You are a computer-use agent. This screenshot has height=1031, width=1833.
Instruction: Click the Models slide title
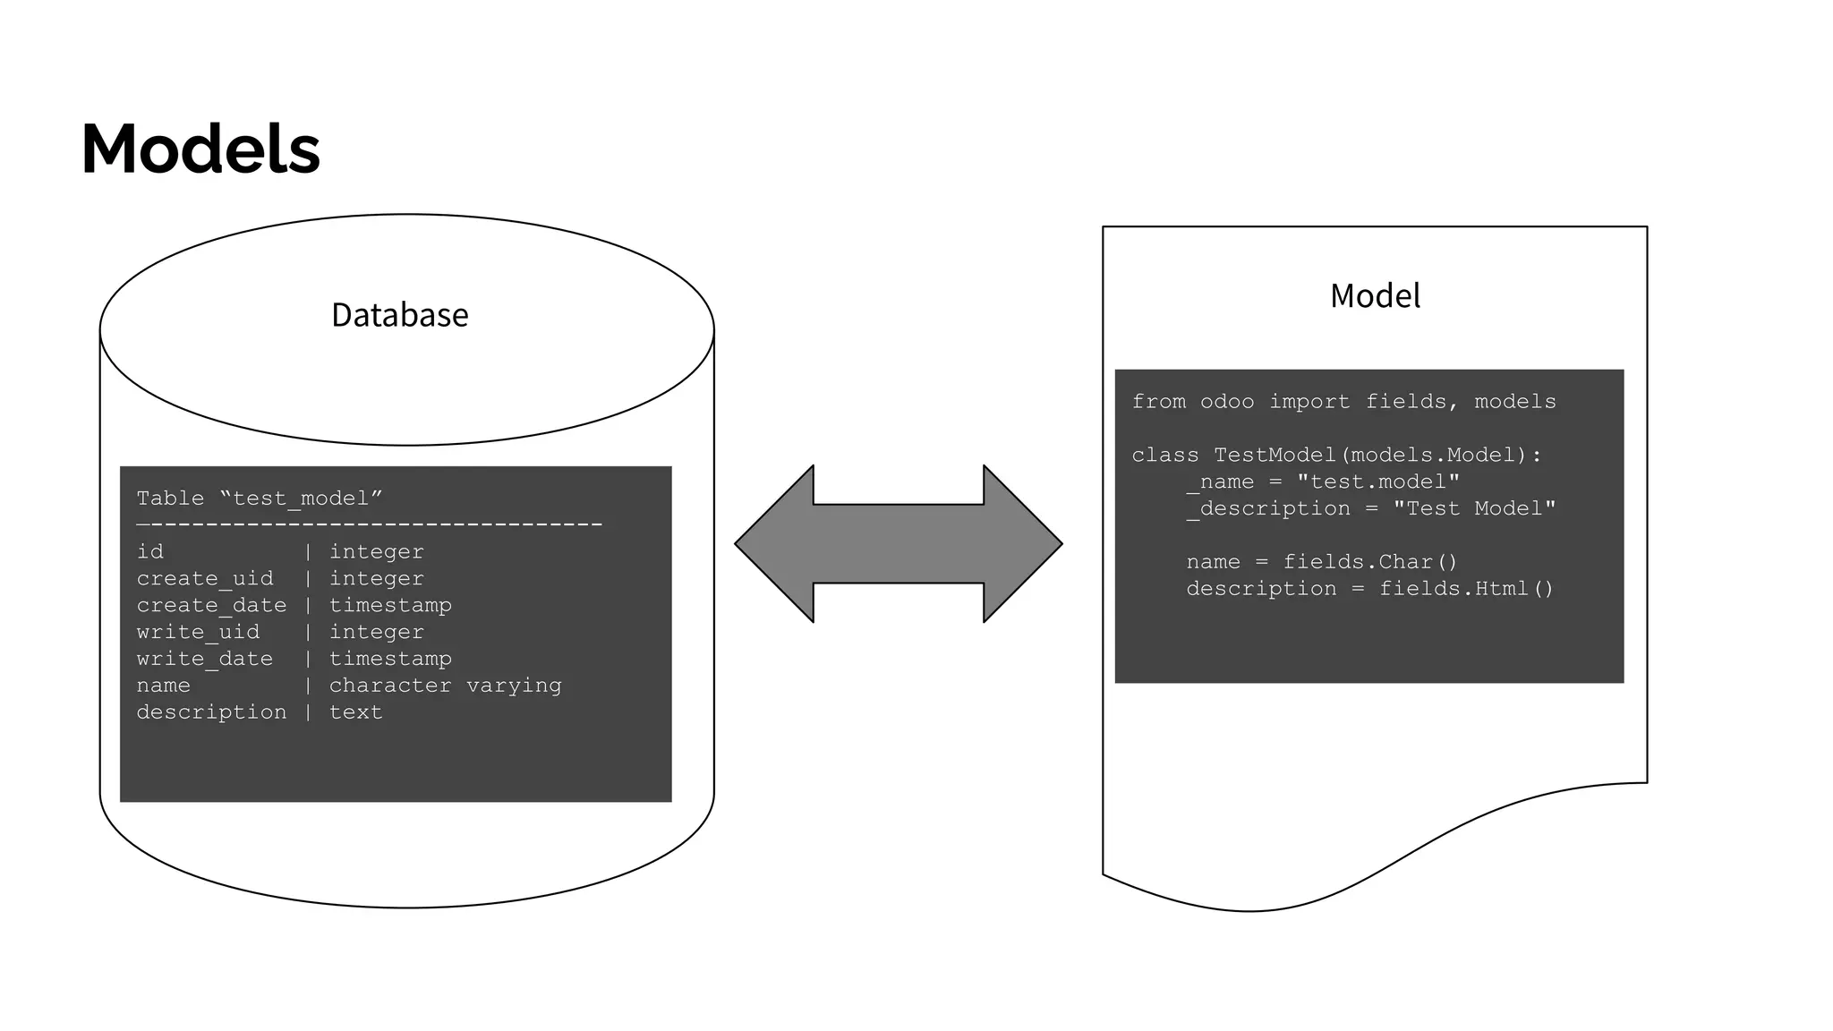pyautogui.click(x=200, y=149)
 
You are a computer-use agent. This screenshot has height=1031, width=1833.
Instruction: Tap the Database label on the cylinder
pyautogui.click(x=399, y=315)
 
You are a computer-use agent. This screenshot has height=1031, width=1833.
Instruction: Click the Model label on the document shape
pyautogui.click(x=1375, y=296)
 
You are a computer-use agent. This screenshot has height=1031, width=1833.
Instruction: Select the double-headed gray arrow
pyautogui.click(x=898, y=543)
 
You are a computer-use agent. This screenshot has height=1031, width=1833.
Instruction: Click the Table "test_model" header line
pyautogui.click(x=260, y=498)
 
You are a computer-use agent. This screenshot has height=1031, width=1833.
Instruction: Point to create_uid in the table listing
pyautogui.click(x=205, y=579)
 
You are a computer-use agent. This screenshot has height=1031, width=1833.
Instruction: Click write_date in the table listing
pyautogui.click(x=204, y=659)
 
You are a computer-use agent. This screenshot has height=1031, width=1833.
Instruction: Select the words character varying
pyautogui.click(x=445, y=686)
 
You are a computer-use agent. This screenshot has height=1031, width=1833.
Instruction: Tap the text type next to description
pyautogui.click(x=355, y=712)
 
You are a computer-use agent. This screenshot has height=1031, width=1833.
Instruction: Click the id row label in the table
pyautogui.click(x=150, y=552)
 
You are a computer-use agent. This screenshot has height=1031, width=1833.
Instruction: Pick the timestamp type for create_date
pyautogui.click(x=390, y=606)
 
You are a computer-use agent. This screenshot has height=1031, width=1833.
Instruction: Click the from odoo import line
pyautogui.click(x=1343, y=402)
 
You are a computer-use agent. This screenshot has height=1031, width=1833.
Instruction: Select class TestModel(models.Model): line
pyautogui.click(x=1336, y=456)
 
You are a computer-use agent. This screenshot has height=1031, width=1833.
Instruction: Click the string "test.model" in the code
pyautogui.click(x=1378, y=482)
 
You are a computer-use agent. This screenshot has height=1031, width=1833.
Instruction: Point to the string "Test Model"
pyautogui.click(x=1474, y=509)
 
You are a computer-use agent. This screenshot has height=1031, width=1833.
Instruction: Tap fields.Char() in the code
pyautogui.click(x=1370, y=562)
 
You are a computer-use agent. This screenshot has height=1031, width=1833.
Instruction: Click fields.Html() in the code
pyautogui.click(x=1466, y=589)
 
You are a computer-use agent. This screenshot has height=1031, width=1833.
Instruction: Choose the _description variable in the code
pyautogui.click(x=1267, y=509)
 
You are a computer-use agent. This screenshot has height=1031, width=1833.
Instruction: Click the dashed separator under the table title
pyautogui.click(x=369, y=524)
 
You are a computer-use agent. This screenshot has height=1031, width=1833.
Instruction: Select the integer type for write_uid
pyautogui.click(x=376, y=633)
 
